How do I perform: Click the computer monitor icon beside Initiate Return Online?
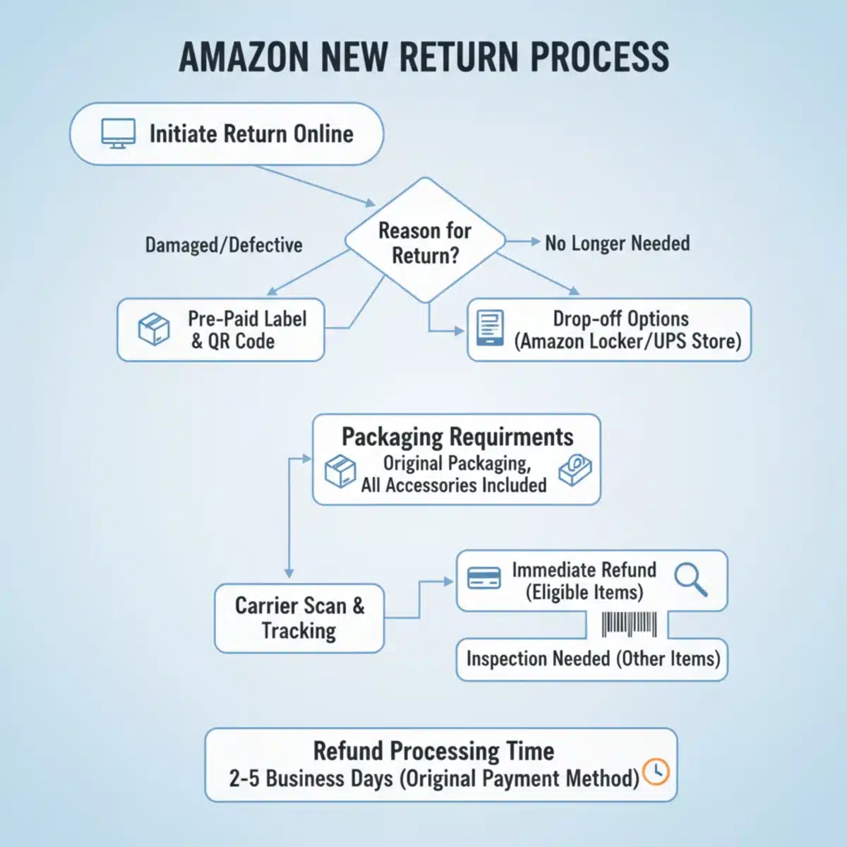point(118,133)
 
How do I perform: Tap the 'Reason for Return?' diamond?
point(425,242)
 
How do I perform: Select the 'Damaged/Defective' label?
point(224,245)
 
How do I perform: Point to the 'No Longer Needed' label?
point(617,244)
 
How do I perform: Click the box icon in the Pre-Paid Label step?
point(154,330)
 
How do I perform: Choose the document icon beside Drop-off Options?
point(490,328)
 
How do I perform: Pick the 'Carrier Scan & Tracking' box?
point(299,618)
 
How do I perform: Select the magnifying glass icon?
point(690,579)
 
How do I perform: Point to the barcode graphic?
point(628,625)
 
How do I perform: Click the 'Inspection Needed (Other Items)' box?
point(592,659)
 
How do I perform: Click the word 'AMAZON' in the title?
point(244,58)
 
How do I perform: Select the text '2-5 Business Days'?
point(311,779)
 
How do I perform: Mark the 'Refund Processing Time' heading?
point(433,750)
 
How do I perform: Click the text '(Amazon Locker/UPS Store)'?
point(627,342)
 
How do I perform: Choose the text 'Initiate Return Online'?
point(251,133)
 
